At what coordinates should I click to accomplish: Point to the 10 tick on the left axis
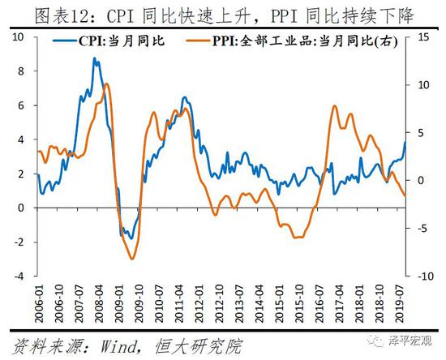[21, 37]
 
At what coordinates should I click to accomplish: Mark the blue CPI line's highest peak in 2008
[95, 58]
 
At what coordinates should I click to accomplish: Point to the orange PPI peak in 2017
[336, 106]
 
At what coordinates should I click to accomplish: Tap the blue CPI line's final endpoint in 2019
[406, 143]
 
